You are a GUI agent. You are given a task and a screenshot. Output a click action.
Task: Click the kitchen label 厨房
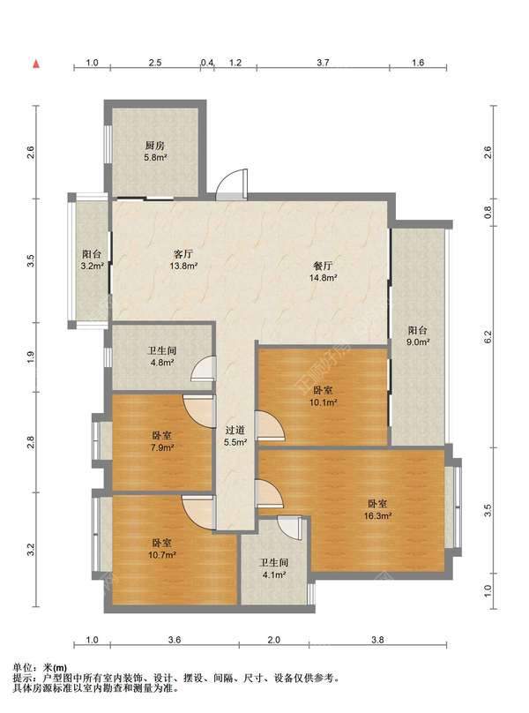point(154,146)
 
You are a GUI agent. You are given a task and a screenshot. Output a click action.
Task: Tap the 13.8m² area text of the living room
point(183,266)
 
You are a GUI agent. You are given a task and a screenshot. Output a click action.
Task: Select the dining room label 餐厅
point(323,266)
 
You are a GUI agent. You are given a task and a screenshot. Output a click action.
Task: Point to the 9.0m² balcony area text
point(418,342)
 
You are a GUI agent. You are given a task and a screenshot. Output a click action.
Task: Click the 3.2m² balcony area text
point(93,266)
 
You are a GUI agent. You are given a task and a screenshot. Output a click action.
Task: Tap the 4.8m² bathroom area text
point(162,363)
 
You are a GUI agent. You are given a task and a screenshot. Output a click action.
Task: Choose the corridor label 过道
point(235,430)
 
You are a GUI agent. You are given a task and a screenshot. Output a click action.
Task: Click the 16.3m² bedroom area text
point(377,515)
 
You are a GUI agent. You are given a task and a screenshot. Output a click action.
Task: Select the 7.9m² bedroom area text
point(162,447)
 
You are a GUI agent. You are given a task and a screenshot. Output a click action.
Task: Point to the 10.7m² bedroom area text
point(162,555)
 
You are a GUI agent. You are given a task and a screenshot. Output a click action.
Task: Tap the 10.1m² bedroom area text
point(323,402)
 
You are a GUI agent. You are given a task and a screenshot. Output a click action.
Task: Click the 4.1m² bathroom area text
point(273,574)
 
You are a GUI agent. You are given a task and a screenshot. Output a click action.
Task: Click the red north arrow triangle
point(36,64)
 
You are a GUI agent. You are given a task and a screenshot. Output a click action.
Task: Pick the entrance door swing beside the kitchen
point(232,184)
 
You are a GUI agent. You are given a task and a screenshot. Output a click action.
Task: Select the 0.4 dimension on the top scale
point(207,63)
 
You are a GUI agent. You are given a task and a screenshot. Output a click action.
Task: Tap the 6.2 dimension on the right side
point(488,337)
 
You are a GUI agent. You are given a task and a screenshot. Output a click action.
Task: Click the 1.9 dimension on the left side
point(31,358)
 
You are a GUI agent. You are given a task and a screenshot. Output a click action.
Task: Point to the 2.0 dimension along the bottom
point(273,640)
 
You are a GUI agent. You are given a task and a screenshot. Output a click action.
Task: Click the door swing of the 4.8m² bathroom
point(203,367)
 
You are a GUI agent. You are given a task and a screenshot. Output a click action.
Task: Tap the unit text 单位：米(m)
point(40,668)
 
